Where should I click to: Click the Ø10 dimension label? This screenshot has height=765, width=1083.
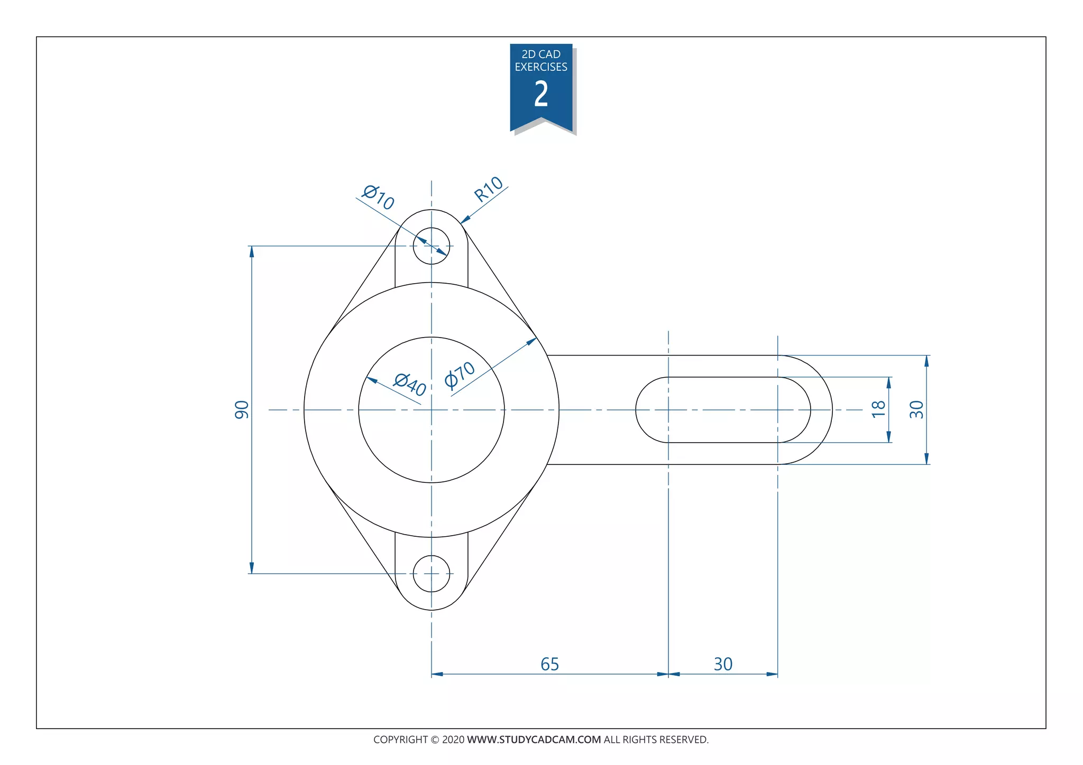coord(378,197)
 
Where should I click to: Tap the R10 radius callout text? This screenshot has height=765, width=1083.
coord(488,189)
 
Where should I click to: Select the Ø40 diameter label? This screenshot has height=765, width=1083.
coord(410,384)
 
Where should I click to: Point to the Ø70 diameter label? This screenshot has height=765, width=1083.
coord(460,375)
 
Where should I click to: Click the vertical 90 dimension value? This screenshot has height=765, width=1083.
coord(242,410)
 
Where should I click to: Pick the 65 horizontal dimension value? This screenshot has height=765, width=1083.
coord(549,664)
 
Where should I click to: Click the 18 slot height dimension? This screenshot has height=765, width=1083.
coord(878,409)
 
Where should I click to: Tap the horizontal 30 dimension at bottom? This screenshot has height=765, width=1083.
coord(723,664)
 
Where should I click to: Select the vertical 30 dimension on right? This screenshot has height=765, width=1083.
coord(916,409)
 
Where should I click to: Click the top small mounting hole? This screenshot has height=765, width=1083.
coord(432,246)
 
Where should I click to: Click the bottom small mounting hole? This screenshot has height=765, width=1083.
coord(432,574)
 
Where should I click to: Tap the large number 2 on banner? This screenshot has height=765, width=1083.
coord(541,95)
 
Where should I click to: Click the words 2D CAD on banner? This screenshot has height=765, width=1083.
coord(541,54)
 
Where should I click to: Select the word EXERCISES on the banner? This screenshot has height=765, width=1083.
coord(541,67)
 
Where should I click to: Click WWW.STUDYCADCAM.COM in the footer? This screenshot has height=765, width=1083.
coord(534,740)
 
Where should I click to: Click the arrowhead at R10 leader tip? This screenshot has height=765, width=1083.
coord(465,219)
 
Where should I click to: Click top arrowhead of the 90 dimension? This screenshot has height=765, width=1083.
coord(252,251)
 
